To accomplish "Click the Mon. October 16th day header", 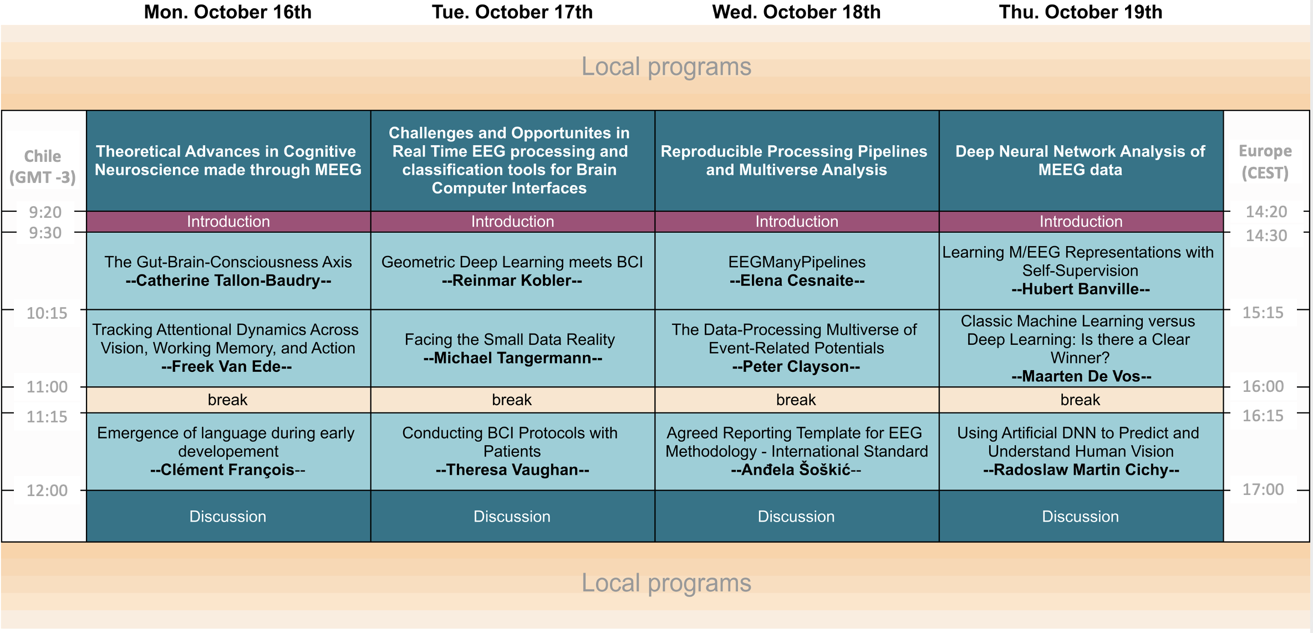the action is (x=227, y=12).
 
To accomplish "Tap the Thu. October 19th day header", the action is (x=1080, y=12).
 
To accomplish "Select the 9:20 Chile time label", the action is (x=45, y=212).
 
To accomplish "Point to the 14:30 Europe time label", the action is (x=1266, y=236).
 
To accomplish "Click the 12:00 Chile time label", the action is (x=47, y=491).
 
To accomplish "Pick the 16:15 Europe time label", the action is (x=1263, y=416).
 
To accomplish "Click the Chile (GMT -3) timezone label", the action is (x=43, y=166).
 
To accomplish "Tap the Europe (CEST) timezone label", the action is (x=1265, y=161).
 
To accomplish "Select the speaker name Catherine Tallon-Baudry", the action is (x=228, y=280).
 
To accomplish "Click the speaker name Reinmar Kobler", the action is (x=512, y=280).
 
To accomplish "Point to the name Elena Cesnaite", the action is (x=797, y=280).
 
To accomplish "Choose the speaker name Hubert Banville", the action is (x=1081, y=289).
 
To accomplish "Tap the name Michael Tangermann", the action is (x=512, y=358).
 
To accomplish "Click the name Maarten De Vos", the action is (x=1081, y=376).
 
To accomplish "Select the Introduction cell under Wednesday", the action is (x=797, y=222).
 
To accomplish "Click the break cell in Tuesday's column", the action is (x=512, y=400).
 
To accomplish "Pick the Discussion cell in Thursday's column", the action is (x=1081, y=516).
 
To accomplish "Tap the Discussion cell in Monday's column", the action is (x=228, y=516).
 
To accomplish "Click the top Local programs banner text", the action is (x=666, y=67).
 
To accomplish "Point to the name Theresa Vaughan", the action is (x=512, y=470).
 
